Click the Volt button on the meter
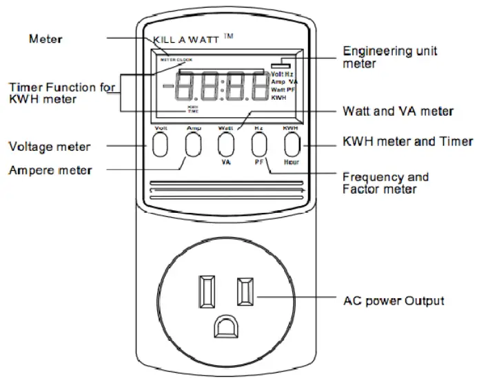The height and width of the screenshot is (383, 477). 160,145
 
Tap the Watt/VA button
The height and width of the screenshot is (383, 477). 225,145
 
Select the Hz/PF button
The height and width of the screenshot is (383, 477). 258,145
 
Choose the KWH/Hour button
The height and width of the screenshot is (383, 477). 292,145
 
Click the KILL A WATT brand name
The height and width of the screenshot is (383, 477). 185,41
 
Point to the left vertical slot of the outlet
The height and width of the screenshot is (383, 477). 206,291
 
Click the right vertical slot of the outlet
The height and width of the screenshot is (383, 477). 243,291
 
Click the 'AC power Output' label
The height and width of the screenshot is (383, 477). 393,301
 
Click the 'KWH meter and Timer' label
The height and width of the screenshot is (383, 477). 407,142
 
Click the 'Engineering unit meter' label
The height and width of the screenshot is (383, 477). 389,57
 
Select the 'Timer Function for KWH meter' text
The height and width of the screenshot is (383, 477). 58,93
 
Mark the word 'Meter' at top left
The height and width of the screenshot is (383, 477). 45,39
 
